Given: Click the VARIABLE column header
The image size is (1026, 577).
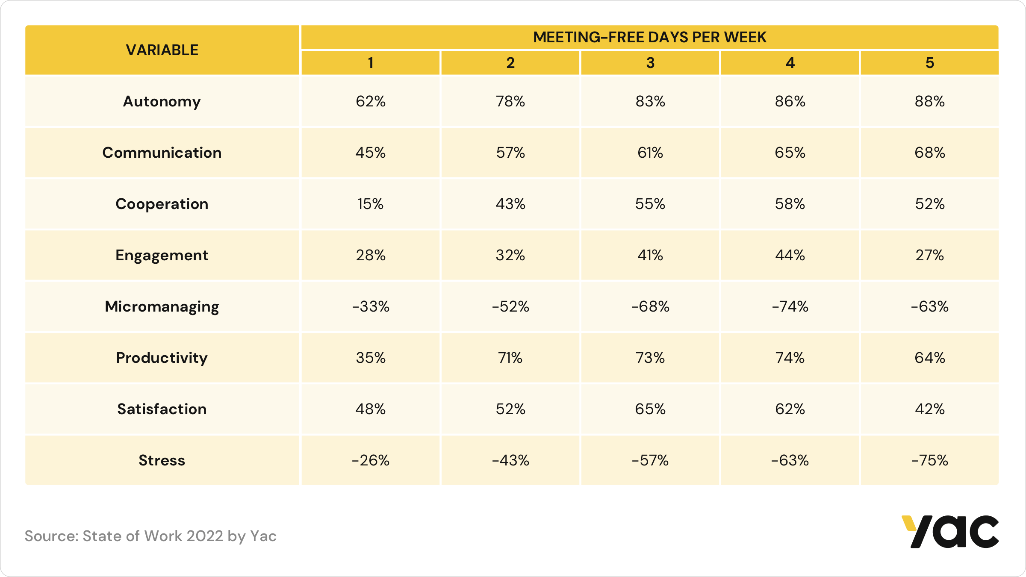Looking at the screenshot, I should coord(162,50).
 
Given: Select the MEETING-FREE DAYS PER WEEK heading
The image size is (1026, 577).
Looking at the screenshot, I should coord(649,37).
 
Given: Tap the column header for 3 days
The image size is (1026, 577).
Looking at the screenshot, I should coord(650,63).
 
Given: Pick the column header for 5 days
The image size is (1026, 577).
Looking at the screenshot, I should coord(929,63).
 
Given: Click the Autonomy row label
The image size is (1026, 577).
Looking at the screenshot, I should coord(162,101).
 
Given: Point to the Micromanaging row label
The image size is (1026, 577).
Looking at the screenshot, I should coord(162,306).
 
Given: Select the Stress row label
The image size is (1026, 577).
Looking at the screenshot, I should coord(162,460).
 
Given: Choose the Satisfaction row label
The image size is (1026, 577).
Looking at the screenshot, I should coord(162,409).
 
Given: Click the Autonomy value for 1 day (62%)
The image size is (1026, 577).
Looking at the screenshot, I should coord(370,101).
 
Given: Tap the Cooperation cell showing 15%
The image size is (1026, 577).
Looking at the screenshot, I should coord(370,204).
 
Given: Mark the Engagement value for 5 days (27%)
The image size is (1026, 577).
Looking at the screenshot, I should coord(929,255).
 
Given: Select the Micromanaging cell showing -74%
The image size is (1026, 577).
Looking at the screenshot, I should coord(790,306).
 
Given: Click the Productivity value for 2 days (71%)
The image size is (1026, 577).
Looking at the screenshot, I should coord(510,358).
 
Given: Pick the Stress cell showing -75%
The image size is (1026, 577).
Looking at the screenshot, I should coord(929,460).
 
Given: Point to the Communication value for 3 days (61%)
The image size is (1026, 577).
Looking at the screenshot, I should coord(650,153).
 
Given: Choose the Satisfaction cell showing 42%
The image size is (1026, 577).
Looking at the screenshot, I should coord(929,409).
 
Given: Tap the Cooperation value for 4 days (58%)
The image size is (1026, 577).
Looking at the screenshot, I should coord(790,204).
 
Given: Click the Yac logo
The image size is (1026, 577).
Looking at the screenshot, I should coord(950,532).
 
